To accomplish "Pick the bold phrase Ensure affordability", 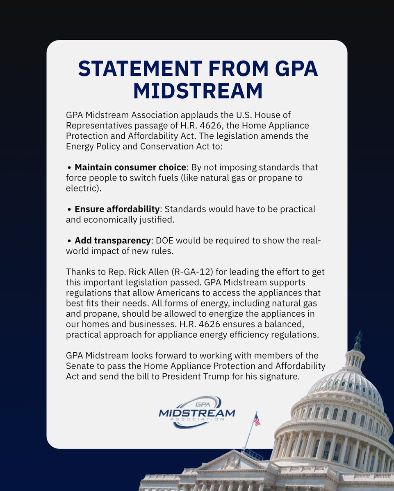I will pyautogui.click(x=117, y=209).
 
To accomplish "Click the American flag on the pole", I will pyautogui.click(x=257, y=419).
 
